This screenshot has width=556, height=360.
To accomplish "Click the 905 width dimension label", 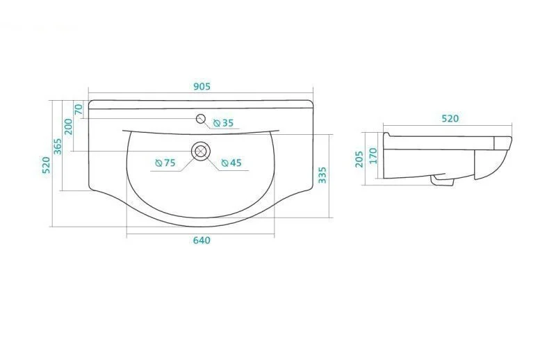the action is (202, 87).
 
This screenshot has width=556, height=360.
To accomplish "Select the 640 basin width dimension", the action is (202, 240).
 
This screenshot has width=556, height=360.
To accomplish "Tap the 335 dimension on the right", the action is (322, 175).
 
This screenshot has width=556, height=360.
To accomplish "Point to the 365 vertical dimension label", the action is (58, 147).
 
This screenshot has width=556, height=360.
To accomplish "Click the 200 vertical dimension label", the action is (68, 126).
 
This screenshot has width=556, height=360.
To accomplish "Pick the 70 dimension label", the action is (79, 109).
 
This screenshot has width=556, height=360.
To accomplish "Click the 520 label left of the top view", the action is (46, 165).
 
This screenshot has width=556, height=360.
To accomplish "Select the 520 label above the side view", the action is (450, 118).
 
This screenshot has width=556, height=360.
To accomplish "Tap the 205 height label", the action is (359, 159).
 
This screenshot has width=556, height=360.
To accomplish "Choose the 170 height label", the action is (373, 156).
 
